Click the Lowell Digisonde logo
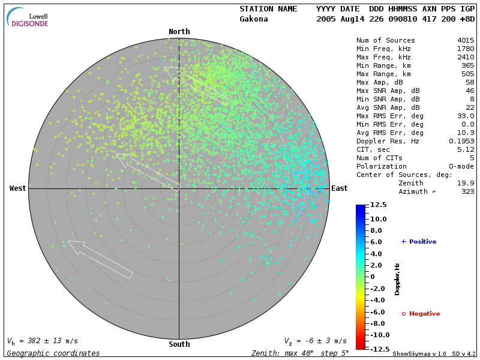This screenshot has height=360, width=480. coord(28,18)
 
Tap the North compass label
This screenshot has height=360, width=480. coord(179,32)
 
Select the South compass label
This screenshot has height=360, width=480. coord(179,344)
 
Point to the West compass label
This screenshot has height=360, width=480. coord(18,188)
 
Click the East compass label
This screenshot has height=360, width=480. coord(340,188)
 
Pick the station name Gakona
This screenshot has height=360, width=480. coord(254,19)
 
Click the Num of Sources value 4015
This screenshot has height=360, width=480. coord(466,40)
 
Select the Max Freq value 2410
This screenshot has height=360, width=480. coord(466,57)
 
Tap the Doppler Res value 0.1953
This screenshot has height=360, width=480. coord(462,141)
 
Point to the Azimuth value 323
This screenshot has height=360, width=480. coord(468,191)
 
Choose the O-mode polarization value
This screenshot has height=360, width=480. coord(461,166)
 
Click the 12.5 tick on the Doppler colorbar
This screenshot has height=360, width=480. coord(378,205)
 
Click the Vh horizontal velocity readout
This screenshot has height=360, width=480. coord(42,341)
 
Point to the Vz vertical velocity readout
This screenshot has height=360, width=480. coord(315,341)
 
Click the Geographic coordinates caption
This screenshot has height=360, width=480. coord(53,353)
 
